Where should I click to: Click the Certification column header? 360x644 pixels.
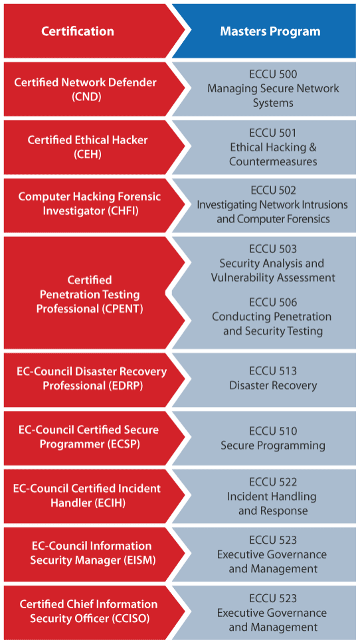pos(78,31)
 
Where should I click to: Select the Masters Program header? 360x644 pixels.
pos(270,31)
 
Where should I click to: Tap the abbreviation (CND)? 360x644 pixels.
pos(87,96)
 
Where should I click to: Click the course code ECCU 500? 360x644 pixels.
pos(273,74)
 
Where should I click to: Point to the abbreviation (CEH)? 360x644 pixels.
pos(87,154)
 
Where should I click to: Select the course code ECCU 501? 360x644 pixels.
pos(273,133)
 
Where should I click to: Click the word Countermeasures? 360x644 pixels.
pos(273,161)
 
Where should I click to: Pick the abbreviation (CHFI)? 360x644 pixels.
pos(122,212)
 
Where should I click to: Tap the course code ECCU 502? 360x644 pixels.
pos(273,191)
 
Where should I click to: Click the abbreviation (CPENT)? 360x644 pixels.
pos(122,309)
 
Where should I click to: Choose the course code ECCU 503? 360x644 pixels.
pos(273,249)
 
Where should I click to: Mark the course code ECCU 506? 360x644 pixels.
pos(273,302)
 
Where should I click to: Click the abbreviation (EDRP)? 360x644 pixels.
pos(124,386)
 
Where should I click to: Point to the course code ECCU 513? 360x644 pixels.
pos(273,371)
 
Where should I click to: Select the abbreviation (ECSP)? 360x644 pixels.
pos(121,444)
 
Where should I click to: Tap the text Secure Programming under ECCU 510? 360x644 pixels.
pos(273,445)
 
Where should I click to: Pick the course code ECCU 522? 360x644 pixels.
pos(273,482)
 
